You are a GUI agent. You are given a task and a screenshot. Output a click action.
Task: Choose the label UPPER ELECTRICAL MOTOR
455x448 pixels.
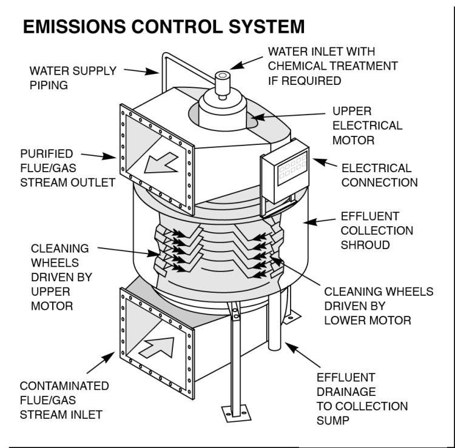tap(367, 125)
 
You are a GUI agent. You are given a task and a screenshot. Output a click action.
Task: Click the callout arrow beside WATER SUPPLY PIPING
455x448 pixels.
tap(146, 71)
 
